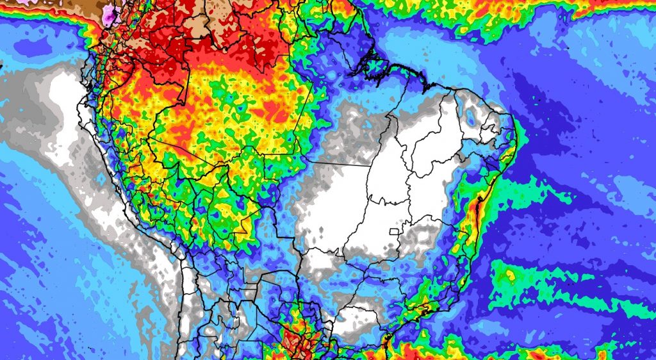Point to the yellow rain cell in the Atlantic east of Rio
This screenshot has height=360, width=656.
point(511,275)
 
